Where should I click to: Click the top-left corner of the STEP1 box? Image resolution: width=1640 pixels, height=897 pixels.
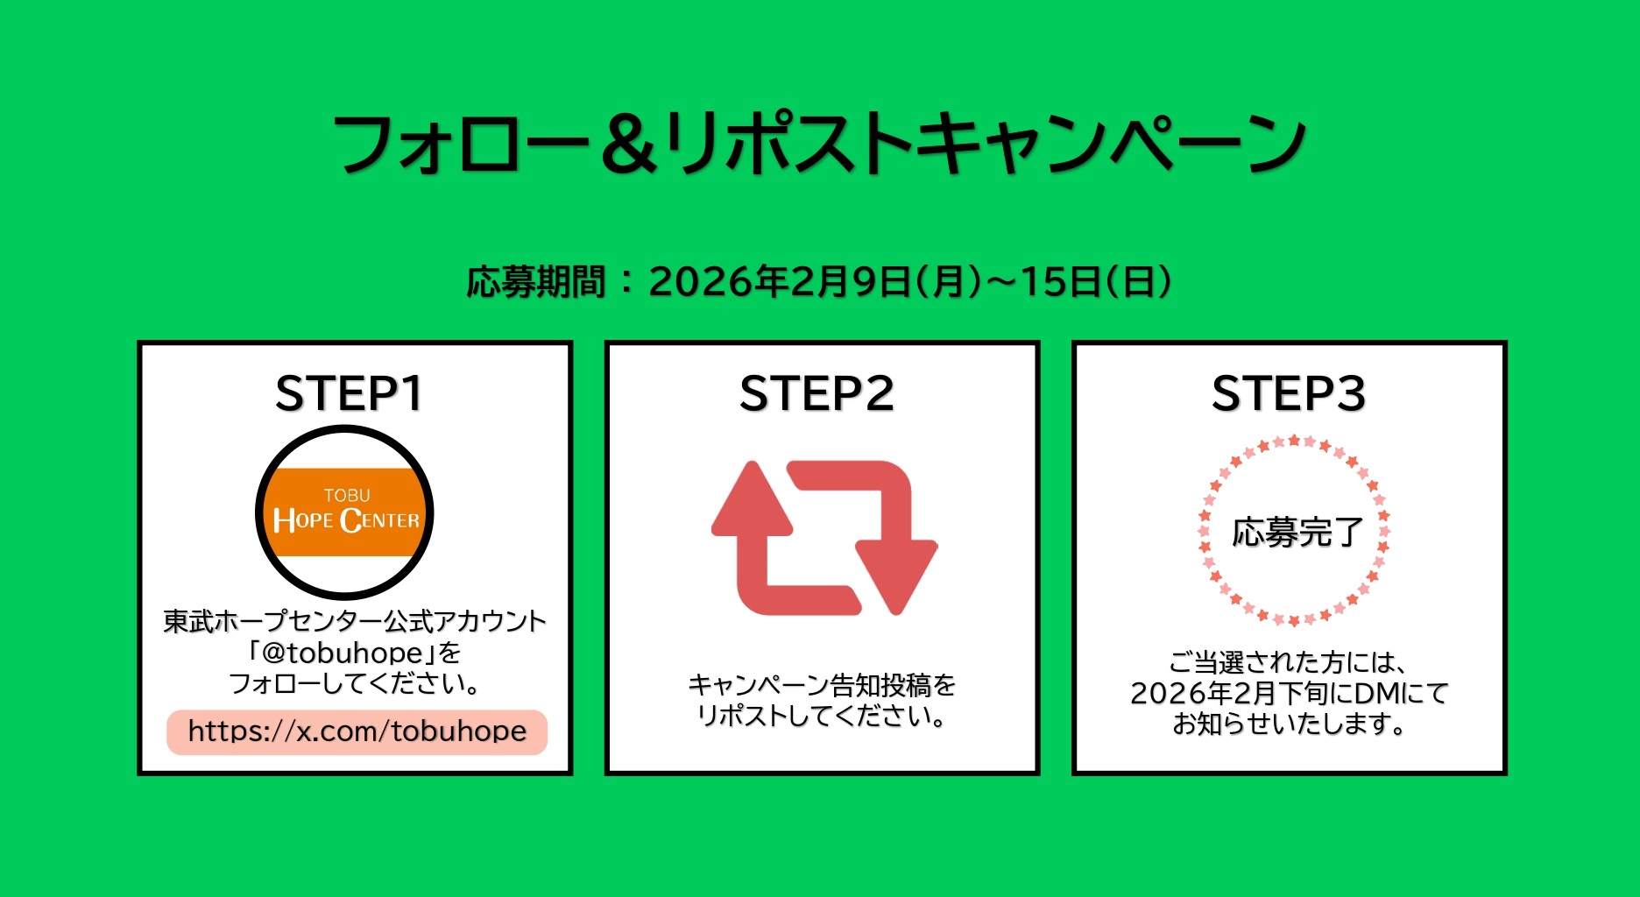click(x=138, y=342)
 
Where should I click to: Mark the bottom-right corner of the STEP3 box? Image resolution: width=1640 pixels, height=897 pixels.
click(x=1506, y=774)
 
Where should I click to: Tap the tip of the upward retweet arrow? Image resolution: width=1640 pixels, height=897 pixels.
click(x=752, y=463)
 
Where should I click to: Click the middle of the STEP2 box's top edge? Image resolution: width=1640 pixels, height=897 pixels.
click(x=822, y=343)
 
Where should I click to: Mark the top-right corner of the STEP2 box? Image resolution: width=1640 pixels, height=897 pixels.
click(x=1039, y=342)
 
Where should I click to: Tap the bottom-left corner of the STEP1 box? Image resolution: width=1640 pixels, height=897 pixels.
click(x=138, y=774)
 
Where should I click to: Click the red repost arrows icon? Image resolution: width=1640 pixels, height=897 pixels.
click(x=824, y=538)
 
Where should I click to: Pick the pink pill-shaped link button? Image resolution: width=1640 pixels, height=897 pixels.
click(x=357, y=731)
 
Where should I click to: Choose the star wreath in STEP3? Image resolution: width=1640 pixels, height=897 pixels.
click(x=1293, y=531)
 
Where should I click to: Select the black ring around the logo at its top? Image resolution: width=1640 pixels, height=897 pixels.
click(x=344, y=430)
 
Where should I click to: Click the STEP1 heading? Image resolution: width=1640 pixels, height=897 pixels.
click(x=349, y=393)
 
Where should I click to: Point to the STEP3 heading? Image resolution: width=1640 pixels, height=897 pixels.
click(x=1289, y=393)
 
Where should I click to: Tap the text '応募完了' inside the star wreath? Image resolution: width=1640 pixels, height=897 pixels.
click(x=1297, y=532)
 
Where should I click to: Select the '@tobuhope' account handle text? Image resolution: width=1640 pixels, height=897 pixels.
click(x=343, y=653)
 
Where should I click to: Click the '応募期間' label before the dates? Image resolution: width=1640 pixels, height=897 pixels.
click(x=535, y=282)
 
